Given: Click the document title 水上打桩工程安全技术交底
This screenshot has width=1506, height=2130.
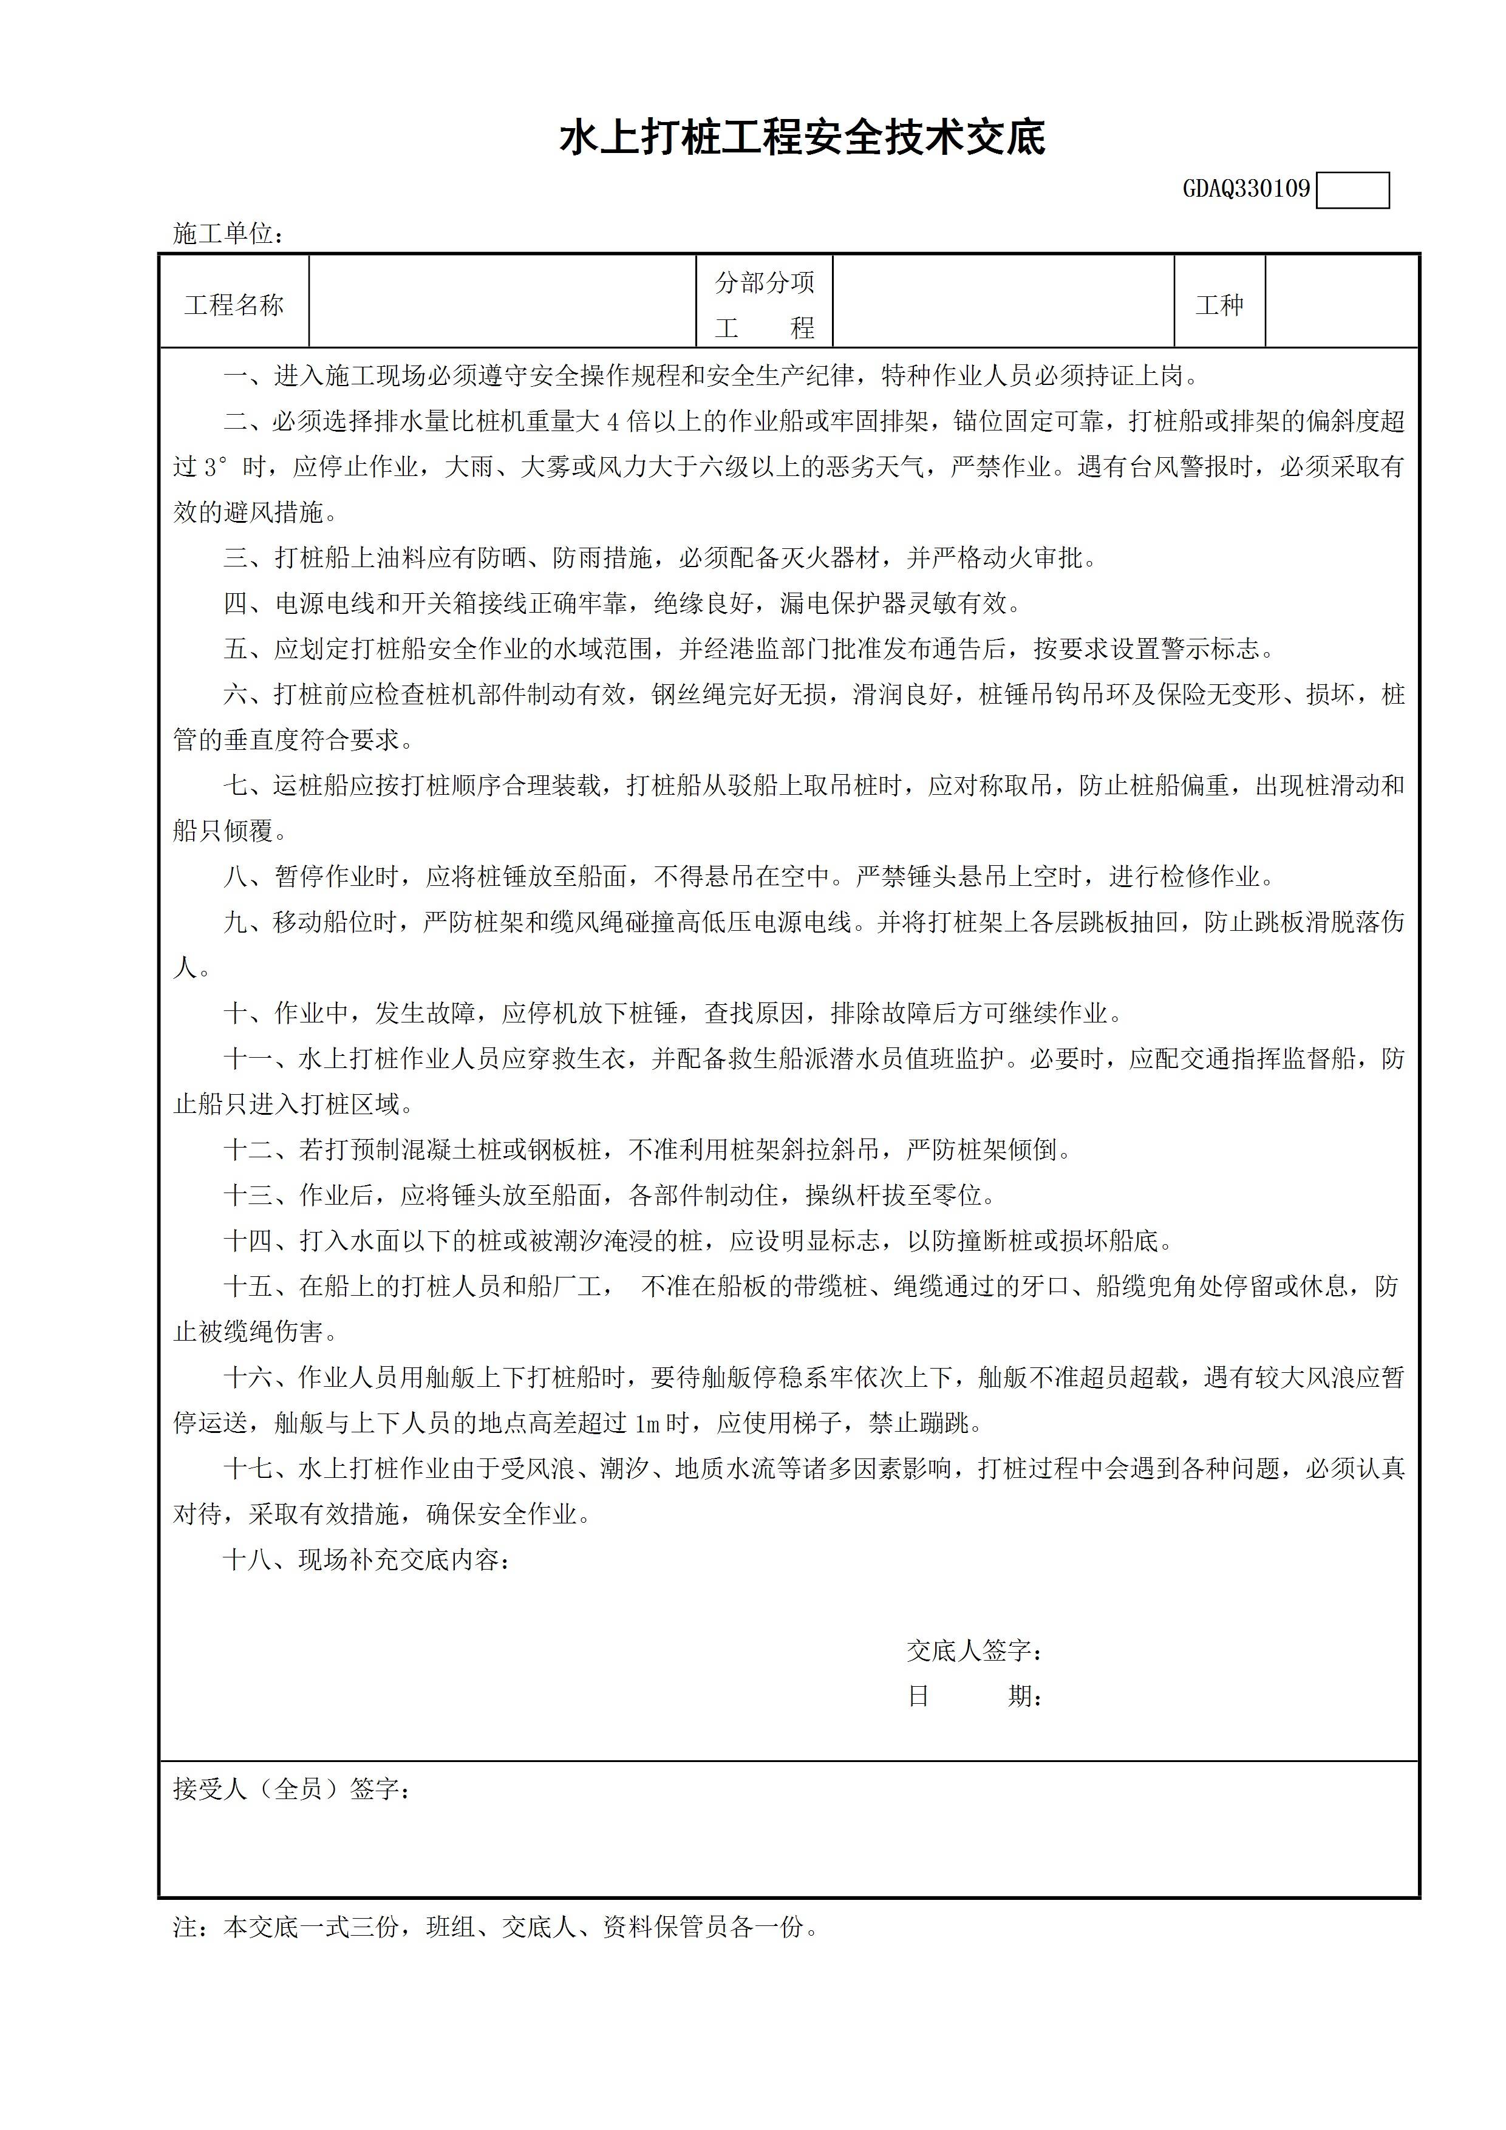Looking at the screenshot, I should (x=803, y=139).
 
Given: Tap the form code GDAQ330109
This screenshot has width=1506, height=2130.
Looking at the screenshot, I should (x=1245, y=189).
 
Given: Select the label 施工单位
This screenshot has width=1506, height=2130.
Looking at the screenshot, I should (x=227, y=234).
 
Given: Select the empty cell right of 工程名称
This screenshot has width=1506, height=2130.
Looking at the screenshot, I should (x=502, y=302).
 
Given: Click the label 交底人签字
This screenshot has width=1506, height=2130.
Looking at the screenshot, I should (x=974, y=1650).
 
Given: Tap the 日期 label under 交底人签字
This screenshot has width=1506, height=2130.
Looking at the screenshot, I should (x=974, y=1696).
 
